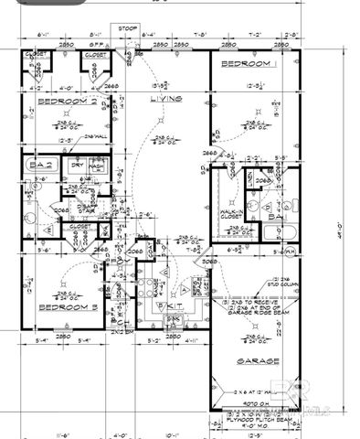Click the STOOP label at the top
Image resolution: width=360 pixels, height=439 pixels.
coord(129,28)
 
